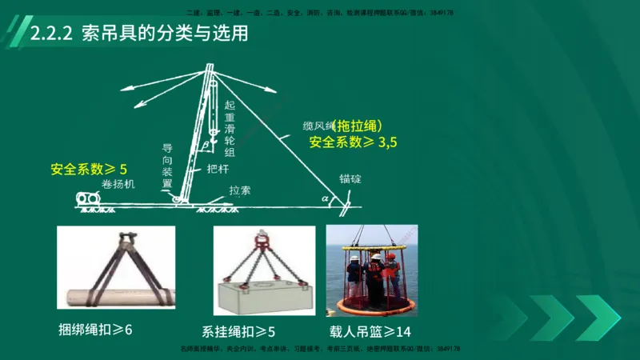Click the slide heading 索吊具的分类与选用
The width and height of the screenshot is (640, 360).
click(165, 34)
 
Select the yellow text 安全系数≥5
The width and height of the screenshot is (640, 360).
click(89, 169)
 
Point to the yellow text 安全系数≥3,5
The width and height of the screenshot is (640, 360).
click(353, 142)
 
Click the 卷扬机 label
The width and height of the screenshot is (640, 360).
click(118, 184)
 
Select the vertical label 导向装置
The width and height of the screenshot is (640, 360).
click(167, 165)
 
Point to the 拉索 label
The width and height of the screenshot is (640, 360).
click(239, 191)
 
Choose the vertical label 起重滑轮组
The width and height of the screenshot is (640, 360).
click(230, 128)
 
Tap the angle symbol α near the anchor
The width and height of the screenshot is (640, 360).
click(324, 196)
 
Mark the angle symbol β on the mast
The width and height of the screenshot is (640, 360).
click(205, 145)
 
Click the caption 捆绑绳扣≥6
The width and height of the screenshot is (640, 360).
click(95, 329)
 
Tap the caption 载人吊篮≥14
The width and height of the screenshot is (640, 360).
click(369, 330)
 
